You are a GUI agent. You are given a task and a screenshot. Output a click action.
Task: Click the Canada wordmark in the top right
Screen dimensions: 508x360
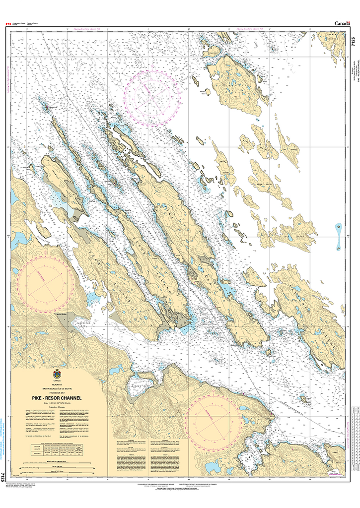(342, 23)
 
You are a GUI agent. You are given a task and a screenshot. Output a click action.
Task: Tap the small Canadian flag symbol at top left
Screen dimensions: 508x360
(8, 23)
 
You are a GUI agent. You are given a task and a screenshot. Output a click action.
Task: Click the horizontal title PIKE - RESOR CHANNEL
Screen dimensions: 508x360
(57, 397)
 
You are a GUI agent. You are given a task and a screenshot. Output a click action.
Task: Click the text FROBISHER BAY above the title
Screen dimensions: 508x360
(57, 392)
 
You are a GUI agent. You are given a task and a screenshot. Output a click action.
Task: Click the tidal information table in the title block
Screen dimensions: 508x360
(57, 453)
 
